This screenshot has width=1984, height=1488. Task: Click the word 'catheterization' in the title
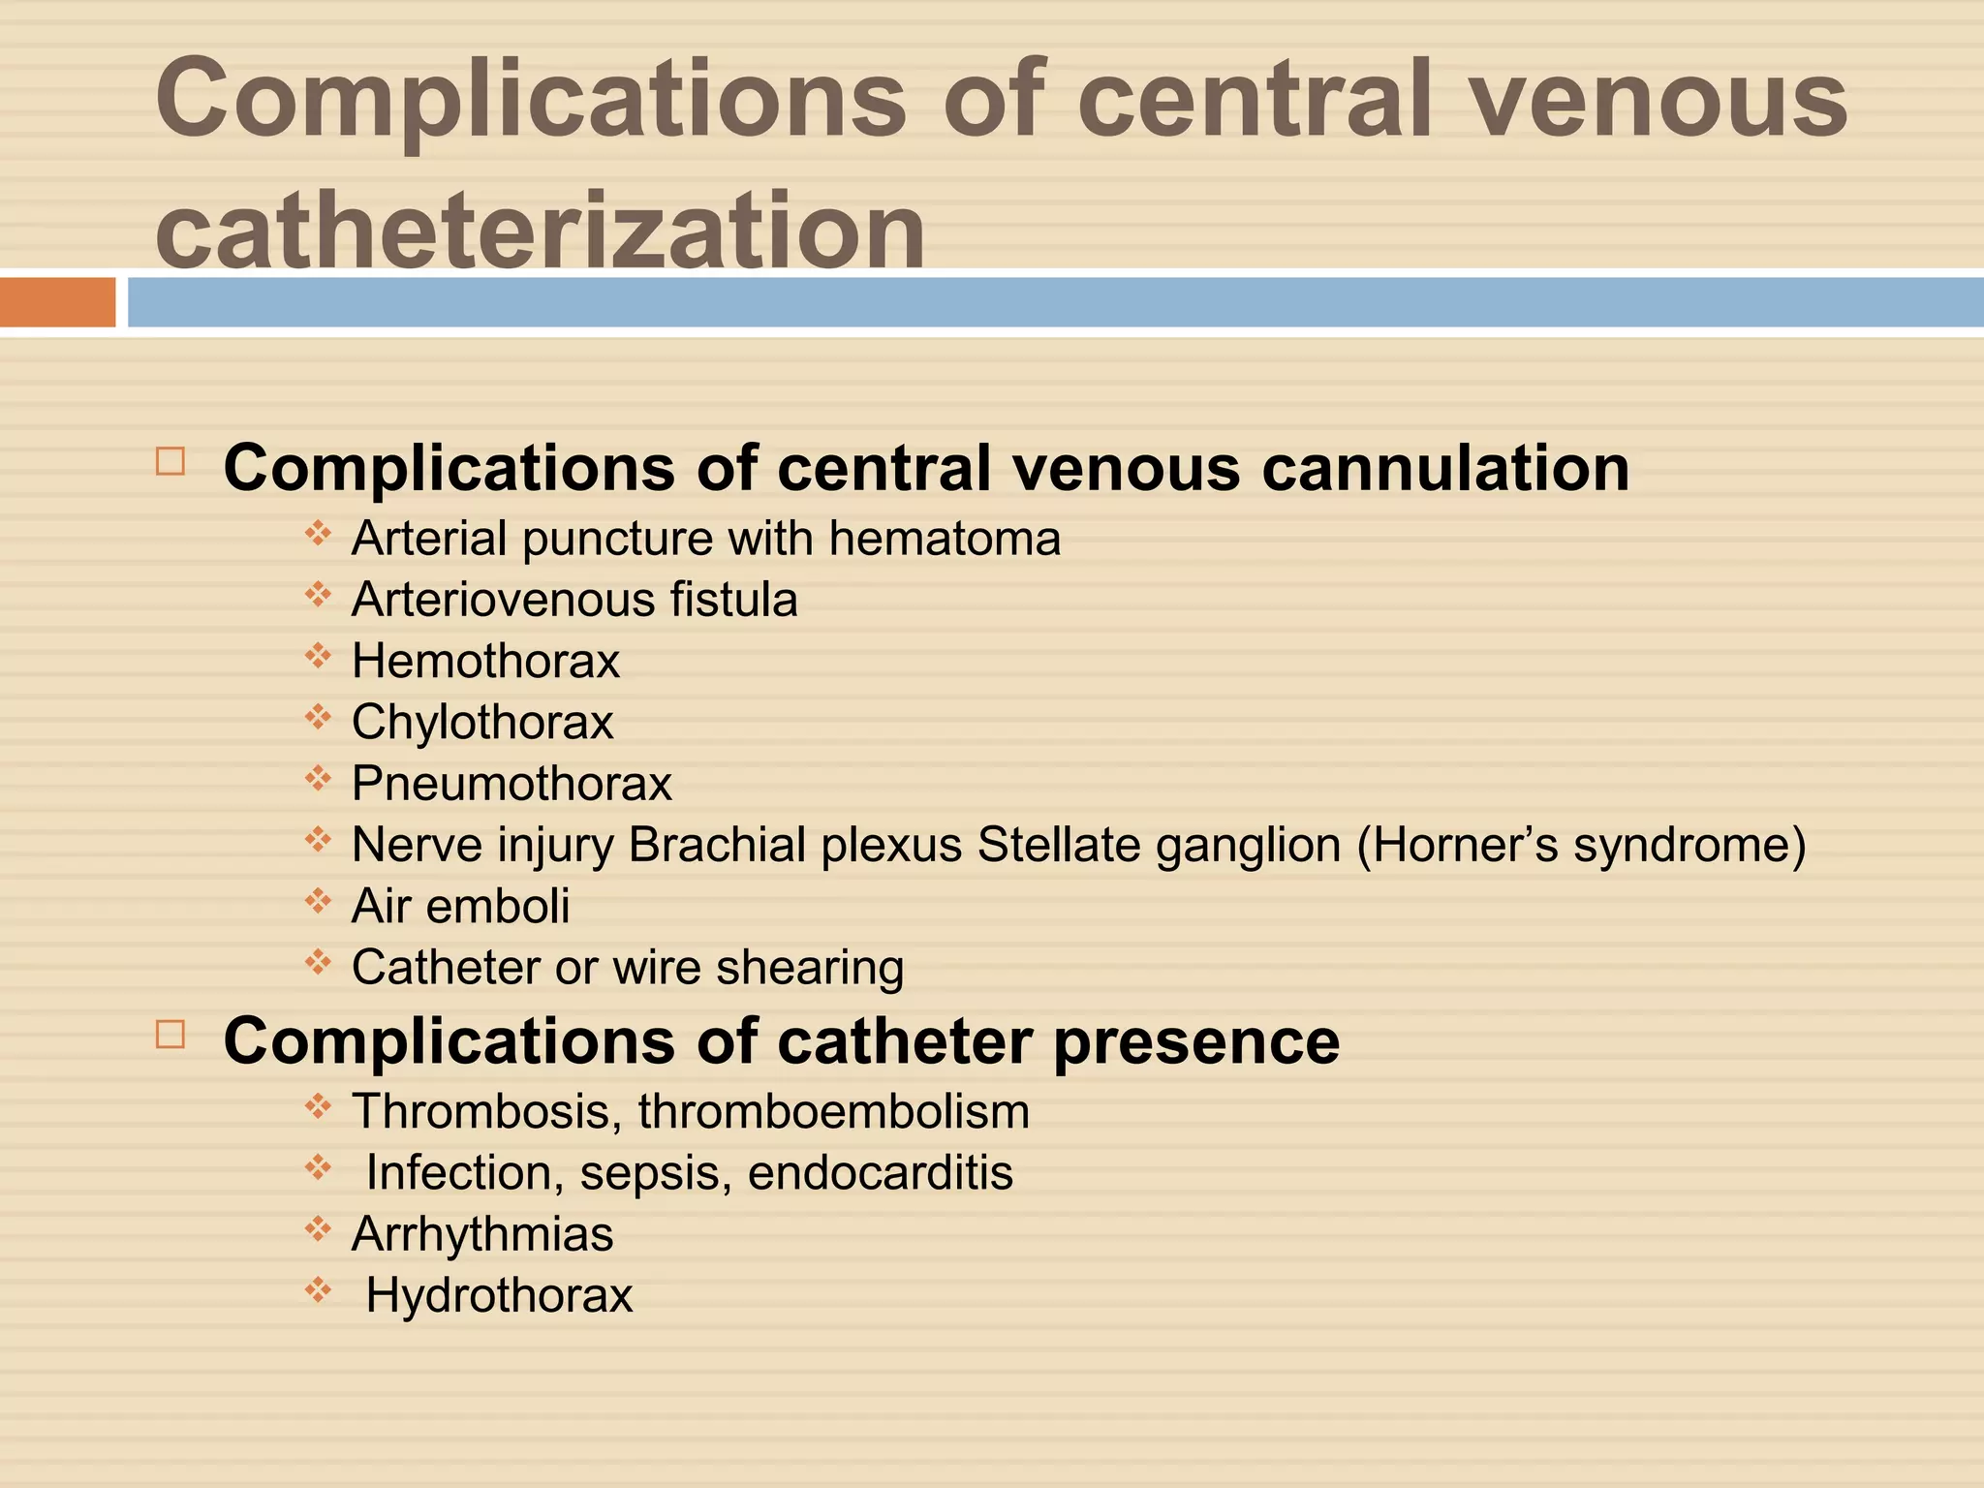pos(540,230)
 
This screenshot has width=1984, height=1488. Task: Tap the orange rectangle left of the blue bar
pos(57,302)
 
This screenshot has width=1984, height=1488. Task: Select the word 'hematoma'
pos(945,539)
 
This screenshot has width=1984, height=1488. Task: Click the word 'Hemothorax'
pos(485,662)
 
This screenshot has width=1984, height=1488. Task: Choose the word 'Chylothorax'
pos(482,723)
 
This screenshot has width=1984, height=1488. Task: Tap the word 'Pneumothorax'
pos(511,784)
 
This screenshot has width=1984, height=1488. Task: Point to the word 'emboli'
pos(498,907)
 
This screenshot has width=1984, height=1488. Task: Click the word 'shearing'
pos(810,968)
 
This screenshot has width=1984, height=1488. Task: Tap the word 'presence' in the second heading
pos(1196,1041)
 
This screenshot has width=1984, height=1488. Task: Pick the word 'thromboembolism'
pos(834,1111)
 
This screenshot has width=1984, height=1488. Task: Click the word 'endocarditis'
pos(881,1173)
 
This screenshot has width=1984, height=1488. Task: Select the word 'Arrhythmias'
pos(482,1234)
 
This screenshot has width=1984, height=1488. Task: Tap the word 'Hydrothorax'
pos(499,1295)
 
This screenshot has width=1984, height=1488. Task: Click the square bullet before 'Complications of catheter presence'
pos(170,1035)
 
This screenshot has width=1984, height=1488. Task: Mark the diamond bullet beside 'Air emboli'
pos(318,903)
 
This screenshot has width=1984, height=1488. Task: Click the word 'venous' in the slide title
pos(1659,100)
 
